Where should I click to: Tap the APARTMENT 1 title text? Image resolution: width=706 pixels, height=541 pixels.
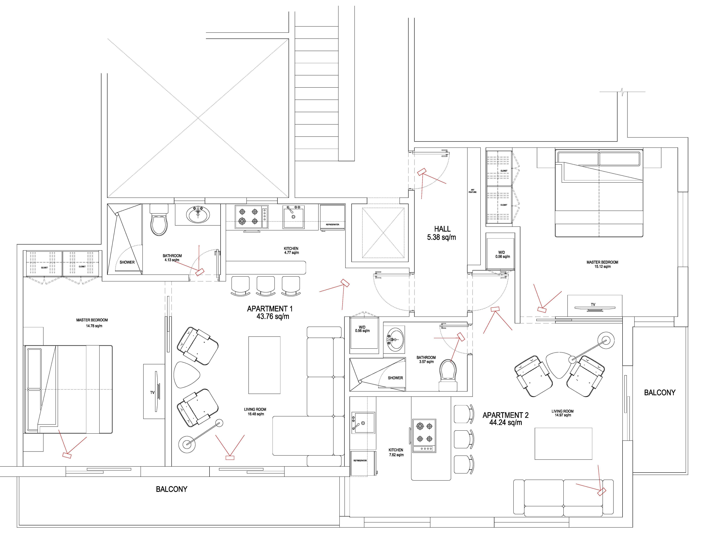(270, 309)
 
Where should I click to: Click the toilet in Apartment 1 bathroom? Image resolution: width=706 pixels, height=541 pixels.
(159, 220)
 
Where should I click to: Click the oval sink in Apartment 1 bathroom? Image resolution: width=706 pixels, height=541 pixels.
(198, 215)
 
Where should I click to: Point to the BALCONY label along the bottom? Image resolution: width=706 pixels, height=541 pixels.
(172, 489)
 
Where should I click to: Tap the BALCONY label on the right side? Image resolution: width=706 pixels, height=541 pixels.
(660, 393)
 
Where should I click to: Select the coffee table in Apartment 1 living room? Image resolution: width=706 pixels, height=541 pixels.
(264, 365)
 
